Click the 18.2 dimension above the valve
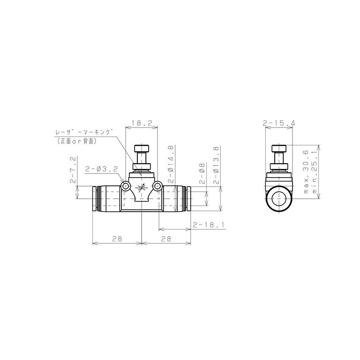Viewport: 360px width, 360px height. coord(142,123)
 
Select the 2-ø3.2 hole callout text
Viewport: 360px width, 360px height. coord(101,169)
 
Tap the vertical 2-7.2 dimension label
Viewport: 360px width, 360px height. coord(73,170)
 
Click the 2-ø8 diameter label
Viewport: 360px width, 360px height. coord(202,173)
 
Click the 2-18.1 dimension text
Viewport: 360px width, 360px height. coord(208,225)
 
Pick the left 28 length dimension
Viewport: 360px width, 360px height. coord(117,239)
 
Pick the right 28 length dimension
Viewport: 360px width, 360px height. coord(166,239)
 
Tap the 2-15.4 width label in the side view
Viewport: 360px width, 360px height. coord(279,123)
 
